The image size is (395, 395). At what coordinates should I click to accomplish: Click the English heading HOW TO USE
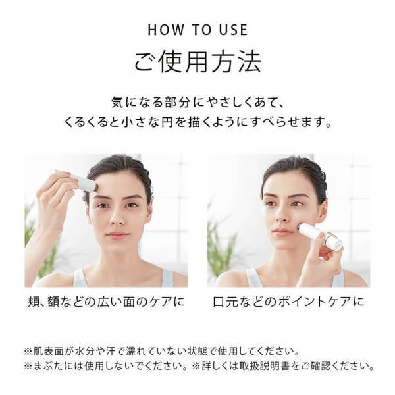[197, 30]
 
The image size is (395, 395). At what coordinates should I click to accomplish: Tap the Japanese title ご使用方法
[197, 62]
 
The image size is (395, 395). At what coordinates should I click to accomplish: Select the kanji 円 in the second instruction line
[167, 122]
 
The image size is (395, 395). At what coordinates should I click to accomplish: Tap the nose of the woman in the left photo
[118, 219]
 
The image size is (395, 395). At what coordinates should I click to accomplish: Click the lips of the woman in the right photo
[280, 232]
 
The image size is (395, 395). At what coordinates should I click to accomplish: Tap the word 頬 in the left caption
[33, 302]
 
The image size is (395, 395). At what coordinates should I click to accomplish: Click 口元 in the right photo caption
[225, 302]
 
